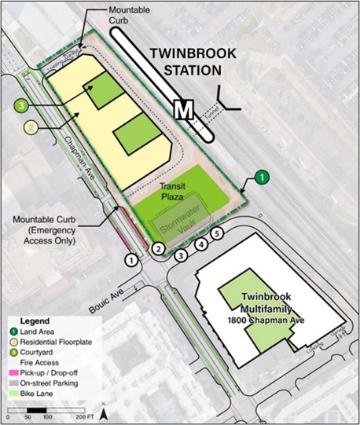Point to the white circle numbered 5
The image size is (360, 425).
(x=218, y=233)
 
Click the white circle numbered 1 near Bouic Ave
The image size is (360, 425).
(x=132, y=258)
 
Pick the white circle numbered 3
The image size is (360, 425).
(x=181, y=255)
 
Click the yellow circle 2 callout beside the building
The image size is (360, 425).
(x=31, y=127)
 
